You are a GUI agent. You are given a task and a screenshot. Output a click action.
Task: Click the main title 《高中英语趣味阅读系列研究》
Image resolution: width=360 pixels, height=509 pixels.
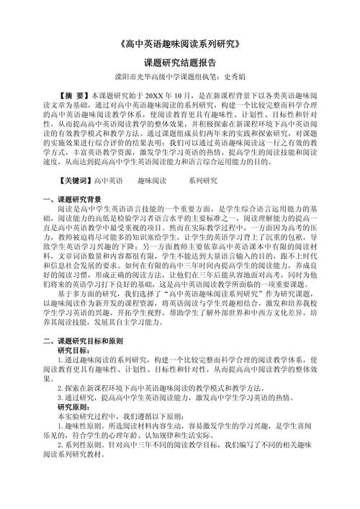pos(180,45)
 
